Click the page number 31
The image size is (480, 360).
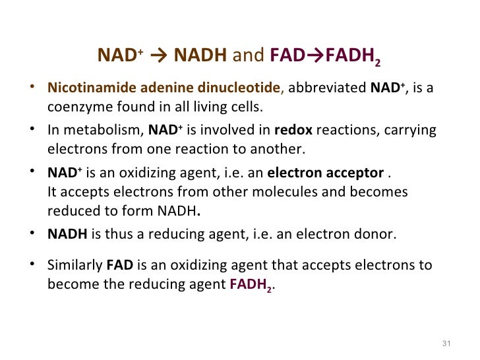pos(446,344)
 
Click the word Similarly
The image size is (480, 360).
pos(74,265)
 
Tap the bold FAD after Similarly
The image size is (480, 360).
pos(119,265)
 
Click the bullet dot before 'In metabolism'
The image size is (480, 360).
pos(33,130)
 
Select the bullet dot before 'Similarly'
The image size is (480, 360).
pos(33,265)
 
